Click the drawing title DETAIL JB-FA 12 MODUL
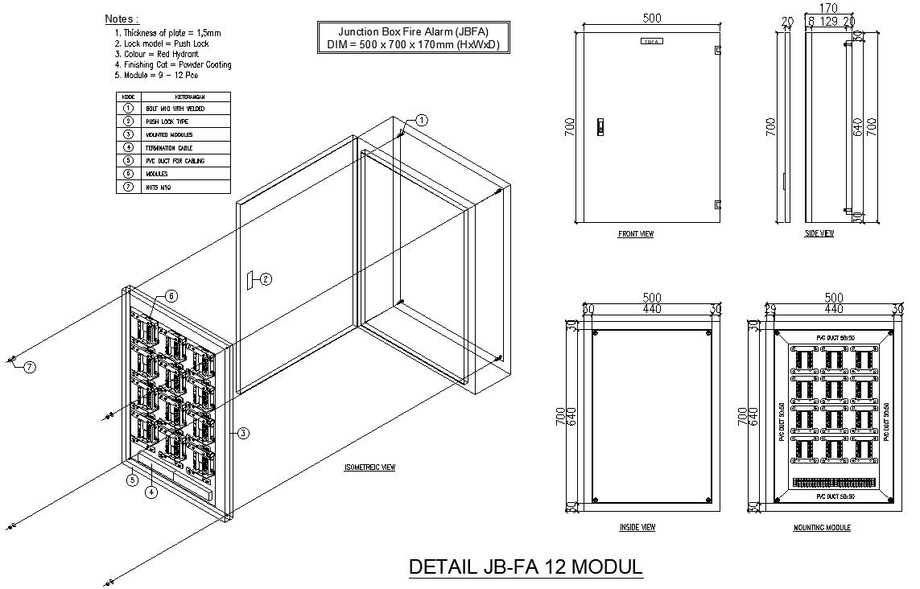tap(526, 567)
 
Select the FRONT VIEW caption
tap(635, 234)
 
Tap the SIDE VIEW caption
tap(819, 234)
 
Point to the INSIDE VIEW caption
tap(637, 528)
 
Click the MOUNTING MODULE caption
tap(822, 528)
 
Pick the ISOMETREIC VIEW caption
tap(369, 467)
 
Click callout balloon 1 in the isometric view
tap(422, 119)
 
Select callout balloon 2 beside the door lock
tap(266, 279)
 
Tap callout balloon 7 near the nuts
tap(30, 367)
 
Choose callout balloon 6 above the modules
tap(171, 296)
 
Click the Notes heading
tap(122, 19)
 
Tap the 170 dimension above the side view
tap(827, 9)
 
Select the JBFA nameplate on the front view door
tap(652, 40)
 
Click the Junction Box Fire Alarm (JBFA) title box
tap(413, 38)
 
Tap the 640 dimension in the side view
tap(857, 126)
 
